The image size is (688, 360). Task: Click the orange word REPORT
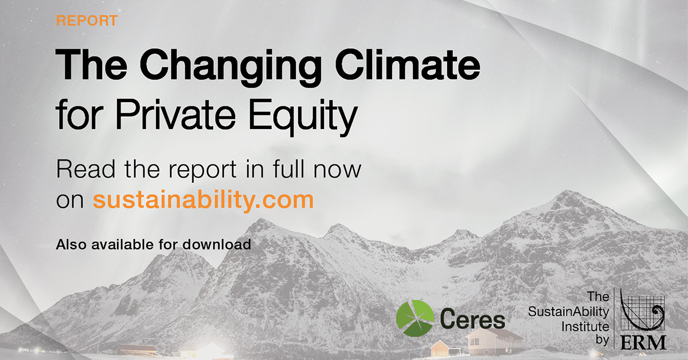click(x=87, y=21)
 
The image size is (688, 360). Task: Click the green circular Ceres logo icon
click(x=415, y=319)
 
